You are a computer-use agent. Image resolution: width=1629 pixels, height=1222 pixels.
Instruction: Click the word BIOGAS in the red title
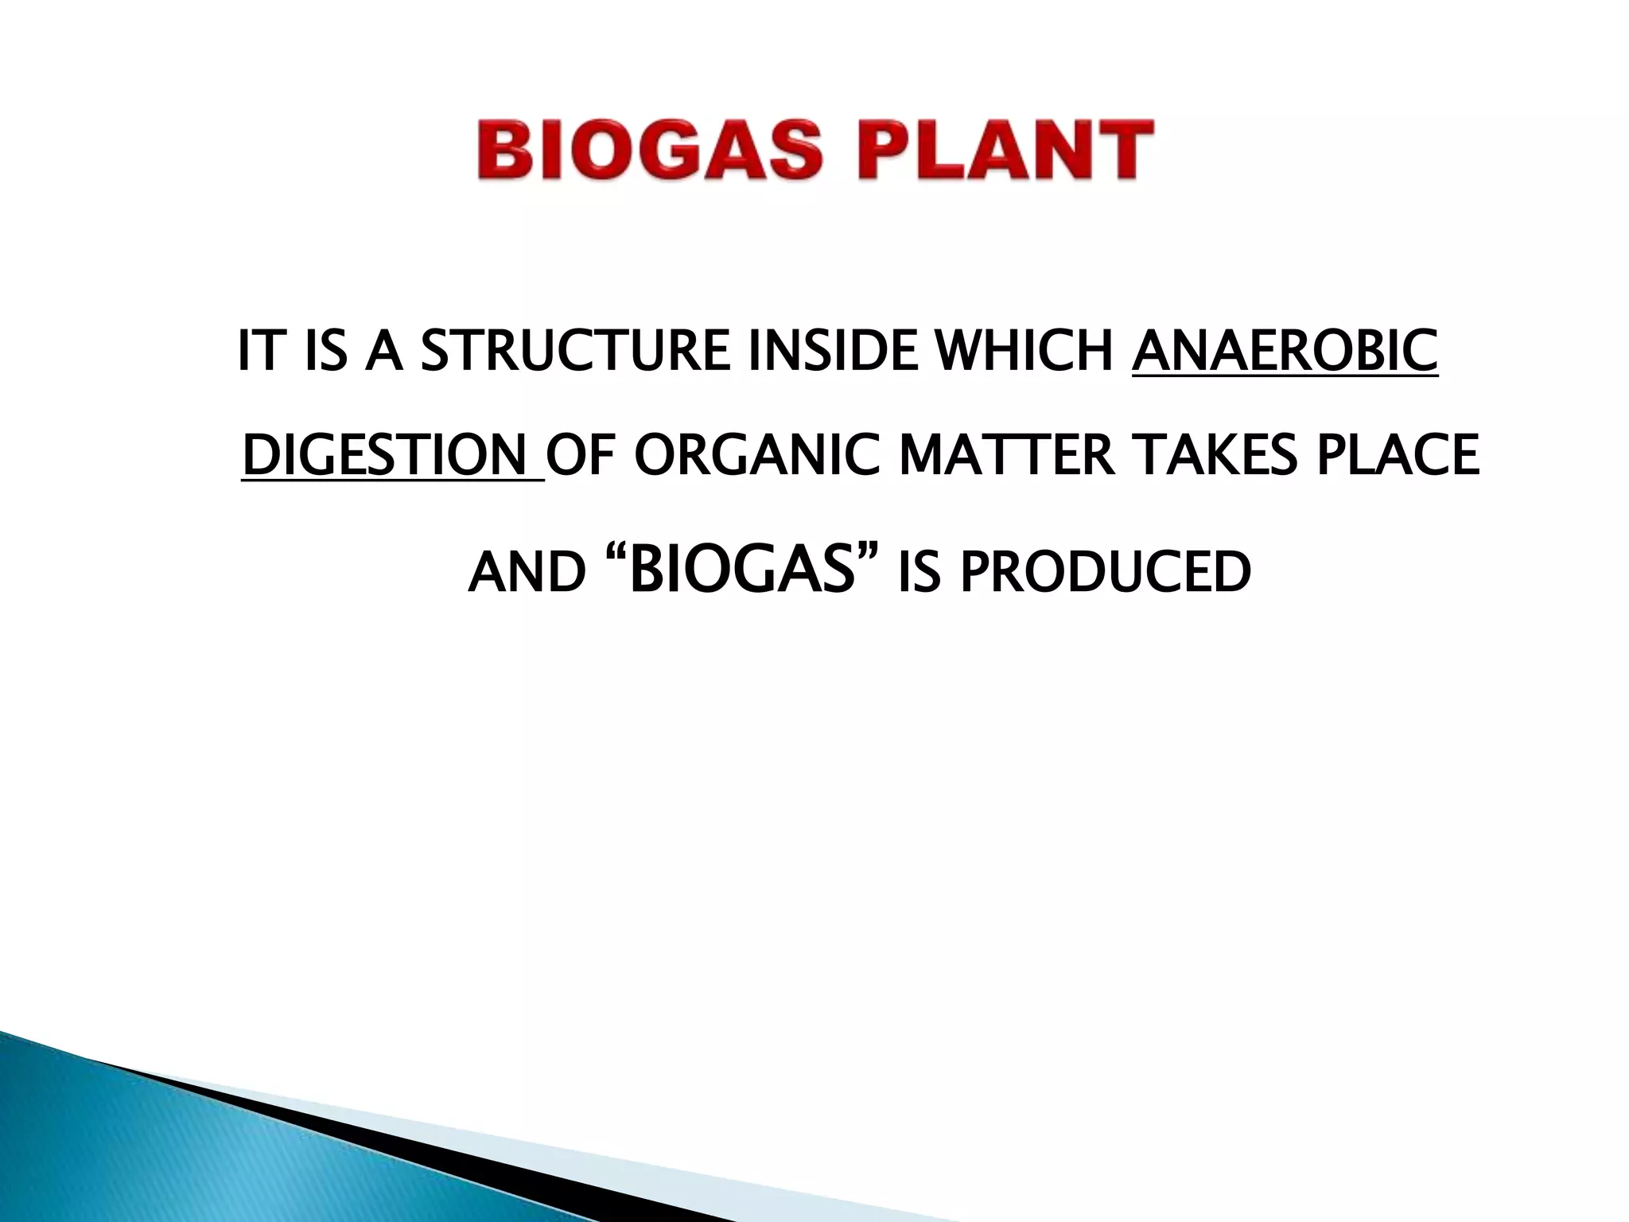point(649,150)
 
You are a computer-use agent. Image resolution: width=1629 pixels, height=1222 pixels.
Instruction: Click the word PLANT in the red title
point(1005,150)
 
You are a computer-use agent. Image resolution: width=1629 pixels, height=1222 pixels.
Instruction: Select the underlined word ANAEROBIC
point(1285,351)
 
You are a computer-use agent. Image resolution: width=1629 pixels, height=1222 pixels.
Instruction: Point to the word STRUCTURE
point(574,351)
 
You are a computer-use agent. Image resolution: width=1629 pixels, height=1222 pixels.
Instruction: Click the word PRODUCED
point(1106,573)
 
